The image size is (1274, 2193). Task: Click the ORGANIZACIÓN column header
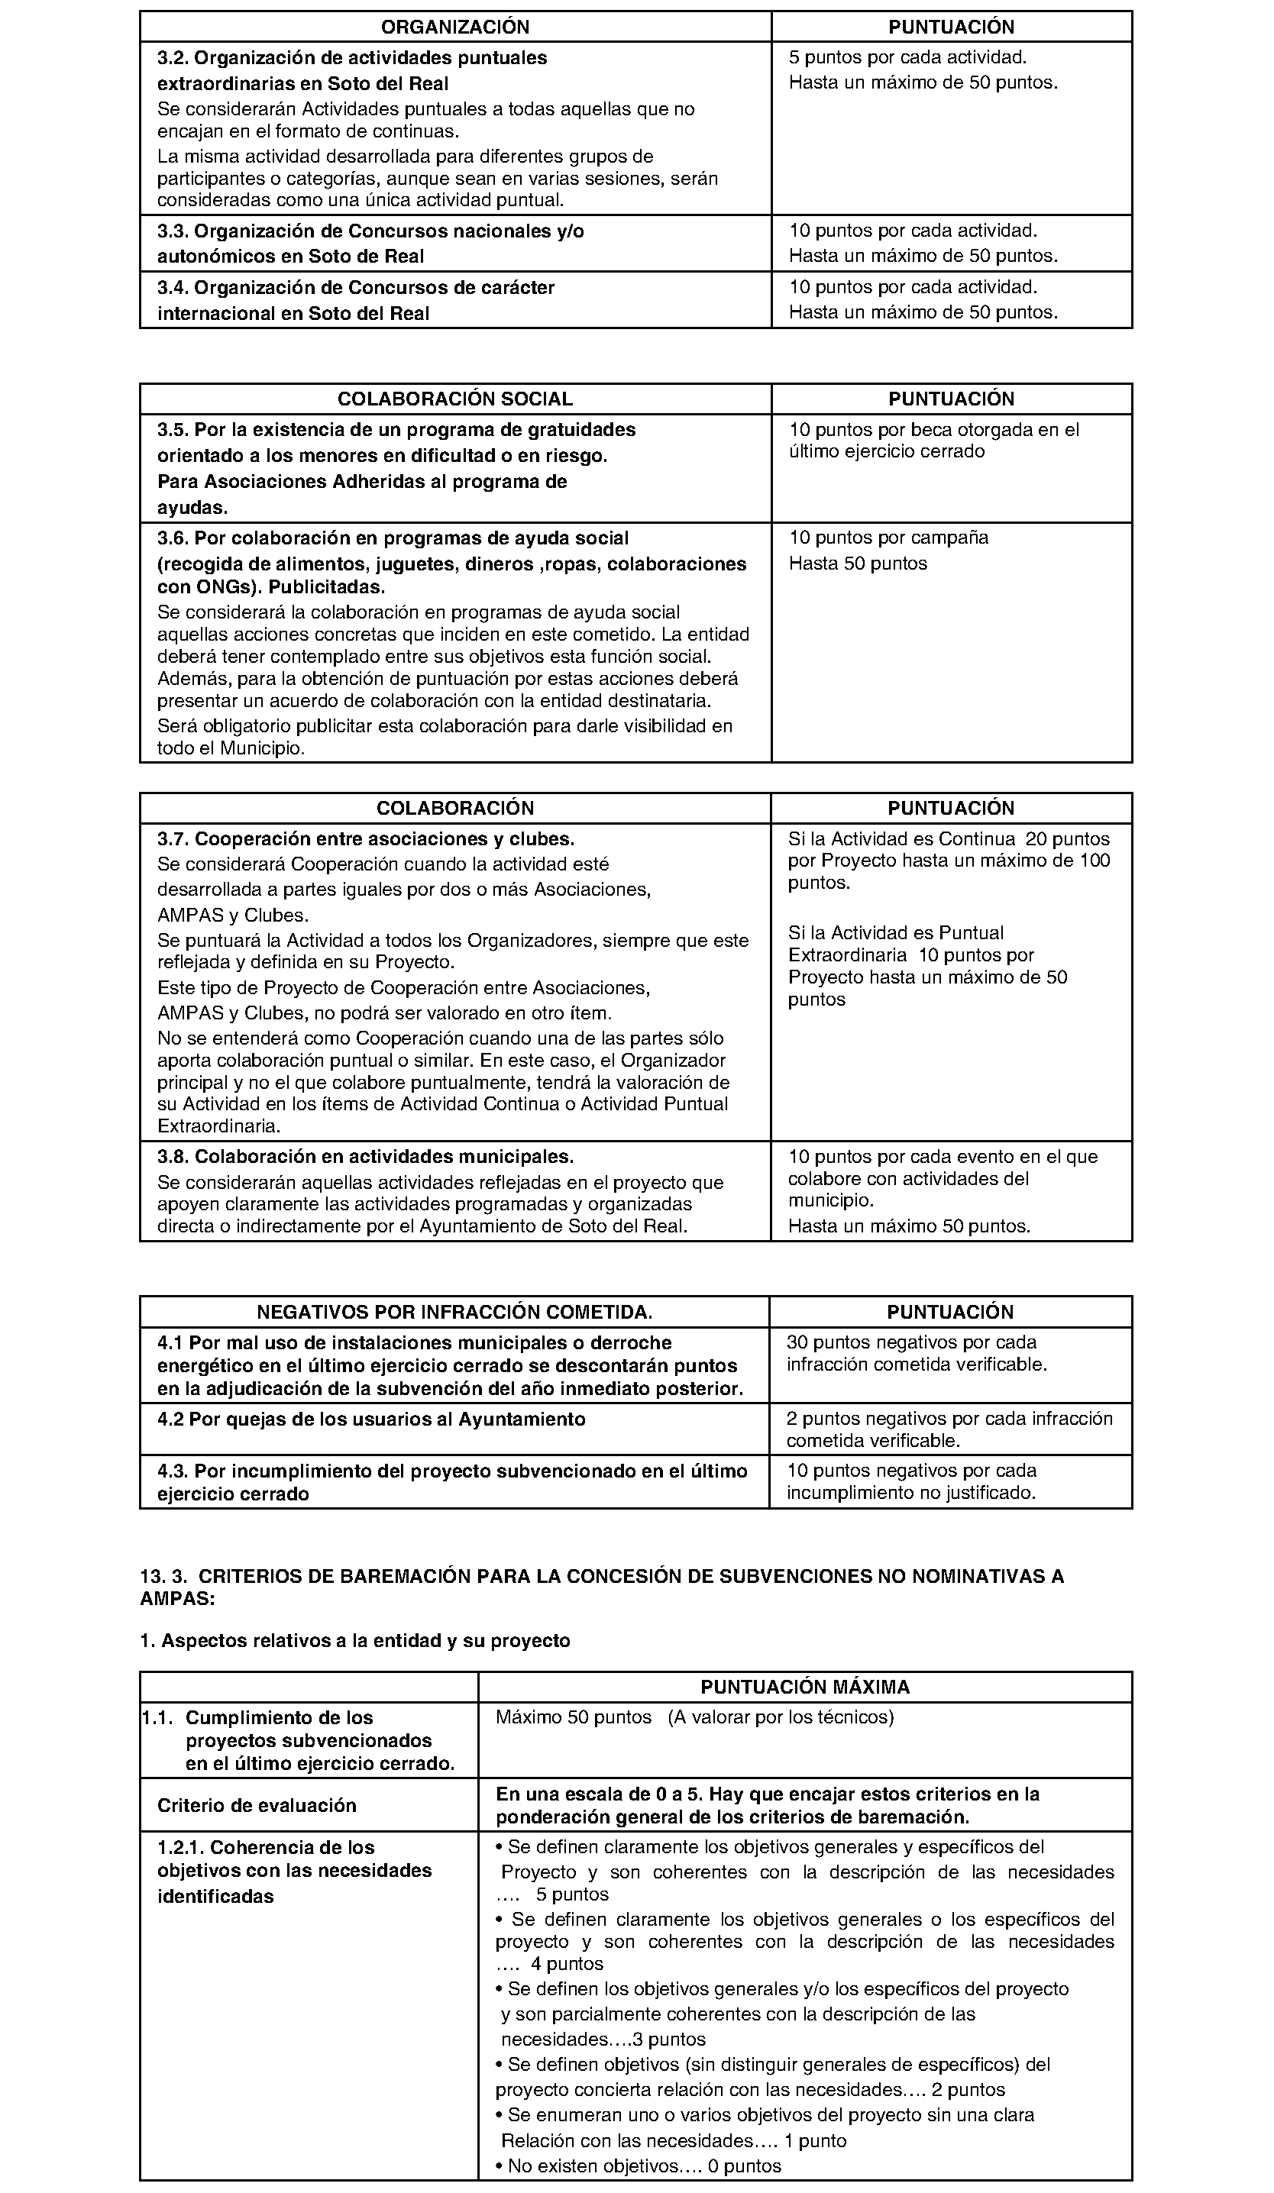455,27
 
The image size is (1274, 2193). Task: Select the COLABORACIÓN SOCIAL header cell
455,399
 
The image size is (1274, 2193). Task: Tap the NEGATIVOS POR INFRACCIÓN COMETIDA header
454,1313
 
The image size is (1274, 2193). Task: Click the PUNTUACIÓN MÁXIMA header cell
805,1688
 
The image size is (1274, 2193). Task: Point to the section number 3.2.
173,58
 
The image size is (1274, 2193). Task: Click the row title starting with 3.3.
370,244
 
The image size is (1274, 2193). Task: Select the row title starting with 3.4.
356,300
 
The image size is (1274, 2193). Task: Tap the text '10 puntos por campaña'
888,538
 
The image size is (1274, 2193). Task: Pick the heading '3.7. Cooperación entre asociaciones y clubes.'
366,840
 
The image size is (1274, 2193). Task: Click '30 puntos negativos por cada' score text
911,1343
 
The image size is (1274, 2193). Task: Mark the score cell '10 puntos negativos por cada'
911,1471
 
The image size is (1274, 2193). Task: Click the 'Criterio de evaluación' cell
257,1806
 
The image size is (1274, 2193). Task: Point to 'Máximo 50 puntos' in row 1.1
574,1718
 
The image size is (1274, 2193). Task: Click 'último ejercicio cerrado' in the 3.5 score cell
887,451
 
